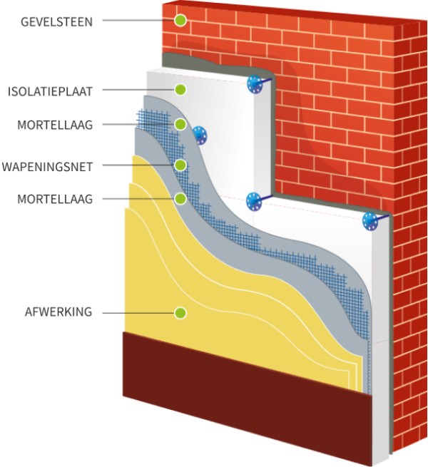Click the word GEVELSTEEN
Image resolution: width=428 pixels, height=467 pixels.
(x=57, y=21)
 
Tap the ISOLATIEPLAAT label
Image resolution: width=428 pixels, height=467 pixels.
(x=50, y=91)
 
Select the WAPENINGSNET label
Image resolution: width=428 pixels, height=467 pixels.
(x=47, y=166)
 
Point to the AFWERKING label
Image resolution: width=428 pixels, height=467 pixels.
(x=56, y=312)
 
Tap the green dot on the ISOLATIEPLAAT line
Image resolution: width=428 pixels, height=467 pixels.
(x=180, y=90)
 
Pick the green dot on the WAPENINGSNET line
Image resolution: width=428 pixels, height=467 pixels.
(x=180, y=165)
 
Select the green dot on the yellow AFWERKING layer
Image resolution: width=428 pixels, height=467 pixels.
(x=180, y=312)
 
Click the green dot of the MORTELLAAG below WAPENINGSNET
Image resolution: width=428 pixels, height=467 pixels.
(x=180, y=198)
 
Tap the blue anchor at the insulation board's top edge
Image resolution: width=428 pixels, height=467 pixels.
(x=255, y=84)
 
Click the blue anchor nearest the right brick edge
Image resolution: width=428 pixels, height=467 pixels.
(x=371, y=221)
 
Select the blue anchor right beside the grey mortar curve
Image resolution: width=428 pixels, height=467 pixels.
(x=200, y=134)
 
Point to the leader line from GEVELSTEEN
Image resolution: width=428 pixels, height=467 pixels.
(x=139, y=21)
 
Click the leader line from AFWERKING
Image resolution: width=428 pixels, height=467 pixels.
(x=139, y=312)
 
